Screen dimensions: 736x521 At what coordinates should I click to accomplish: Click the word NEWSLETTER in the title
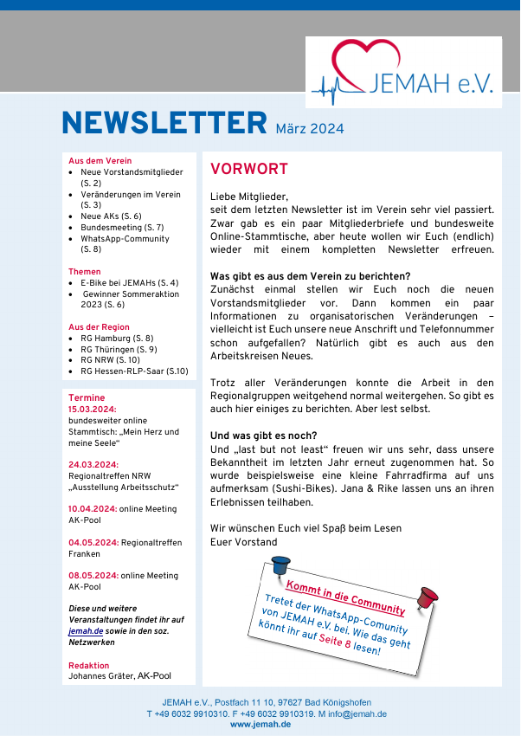164,123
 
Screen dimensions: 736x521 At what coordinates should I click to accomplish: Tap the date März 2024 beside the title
310,129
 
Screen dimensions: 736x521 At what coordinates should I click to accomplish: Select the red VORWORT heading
248,169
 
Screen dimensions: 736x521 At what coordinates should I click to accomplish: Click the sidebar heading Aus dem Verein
100,161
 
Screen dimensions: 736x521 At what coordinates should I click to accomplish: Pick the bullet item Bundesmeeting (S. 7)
122,227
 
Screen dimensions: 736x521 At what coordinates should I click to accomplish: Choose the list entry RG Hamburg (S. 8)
117,338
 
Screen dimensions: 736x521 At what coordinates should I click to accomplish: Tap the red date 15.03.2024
93,409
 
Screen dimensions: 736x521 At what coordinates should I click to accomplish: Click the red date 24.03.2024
93,464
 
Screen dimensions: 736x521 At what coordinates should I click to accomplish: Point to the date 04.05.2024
93,542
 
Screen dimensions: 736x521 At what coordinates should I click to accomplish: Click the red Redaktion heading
88,665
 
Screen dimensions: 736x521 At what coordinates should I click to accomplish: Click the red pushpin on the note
426,597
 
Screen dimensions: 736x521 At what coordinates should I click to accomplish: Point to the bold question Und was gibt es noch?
264,435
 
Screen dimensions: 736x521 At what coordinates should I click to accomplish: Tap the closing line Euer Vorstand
243,542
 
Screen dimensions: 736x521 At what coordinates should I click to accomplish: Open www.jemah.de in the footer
260,724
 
